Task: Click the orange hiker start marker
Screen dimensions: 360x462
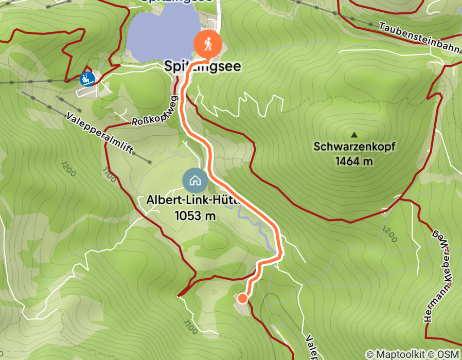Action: (x=208, y=45)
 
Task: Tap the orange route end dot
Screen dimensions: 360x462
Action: (x=242, y=298)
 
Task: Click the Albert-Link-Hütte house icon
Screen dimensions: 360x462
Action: (x=195, y=181)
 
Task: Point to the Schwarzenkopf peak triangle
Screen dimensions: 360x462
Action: (x=354, y=135)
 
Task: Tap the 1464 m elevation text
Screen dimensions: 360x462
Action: (x=354, y=161)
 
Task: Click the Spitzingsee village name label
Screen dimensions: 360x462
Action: (x=202, y=67)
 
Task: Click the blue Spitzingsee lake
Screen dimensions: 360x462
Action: (x=159, y=36)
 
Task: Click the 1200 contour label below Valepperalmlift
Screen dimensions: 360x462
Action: (x=67, y=168)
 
